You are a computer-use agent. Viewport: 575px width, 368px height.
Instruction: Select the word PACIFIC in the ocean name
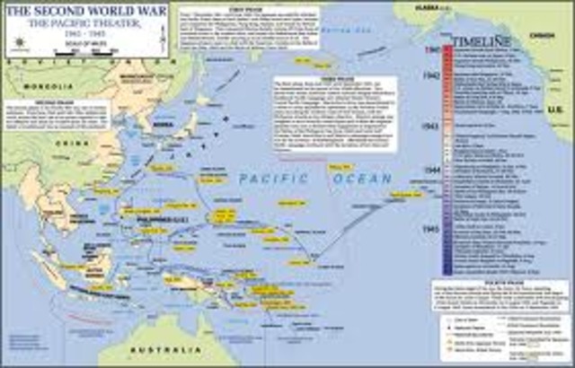(x=270, y=180)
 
